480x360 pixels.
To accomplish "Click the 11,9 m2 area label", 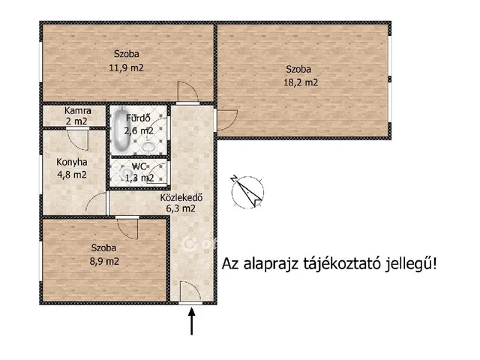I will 127,67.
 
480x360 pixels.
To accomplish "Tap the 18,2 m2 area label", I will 301,82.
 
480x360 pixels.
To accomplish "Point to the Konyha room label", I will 72,161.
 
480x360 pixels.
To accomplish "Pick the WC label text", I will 140,166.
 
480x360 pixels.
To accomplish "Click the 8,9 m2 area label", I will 105,262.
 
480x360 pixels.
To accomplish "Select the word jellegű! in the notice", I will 412,264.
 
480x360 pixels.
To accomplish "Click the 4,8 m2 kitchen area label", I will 72,175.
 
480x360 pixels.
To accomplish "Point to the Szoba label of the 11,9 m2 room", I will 127,53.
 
